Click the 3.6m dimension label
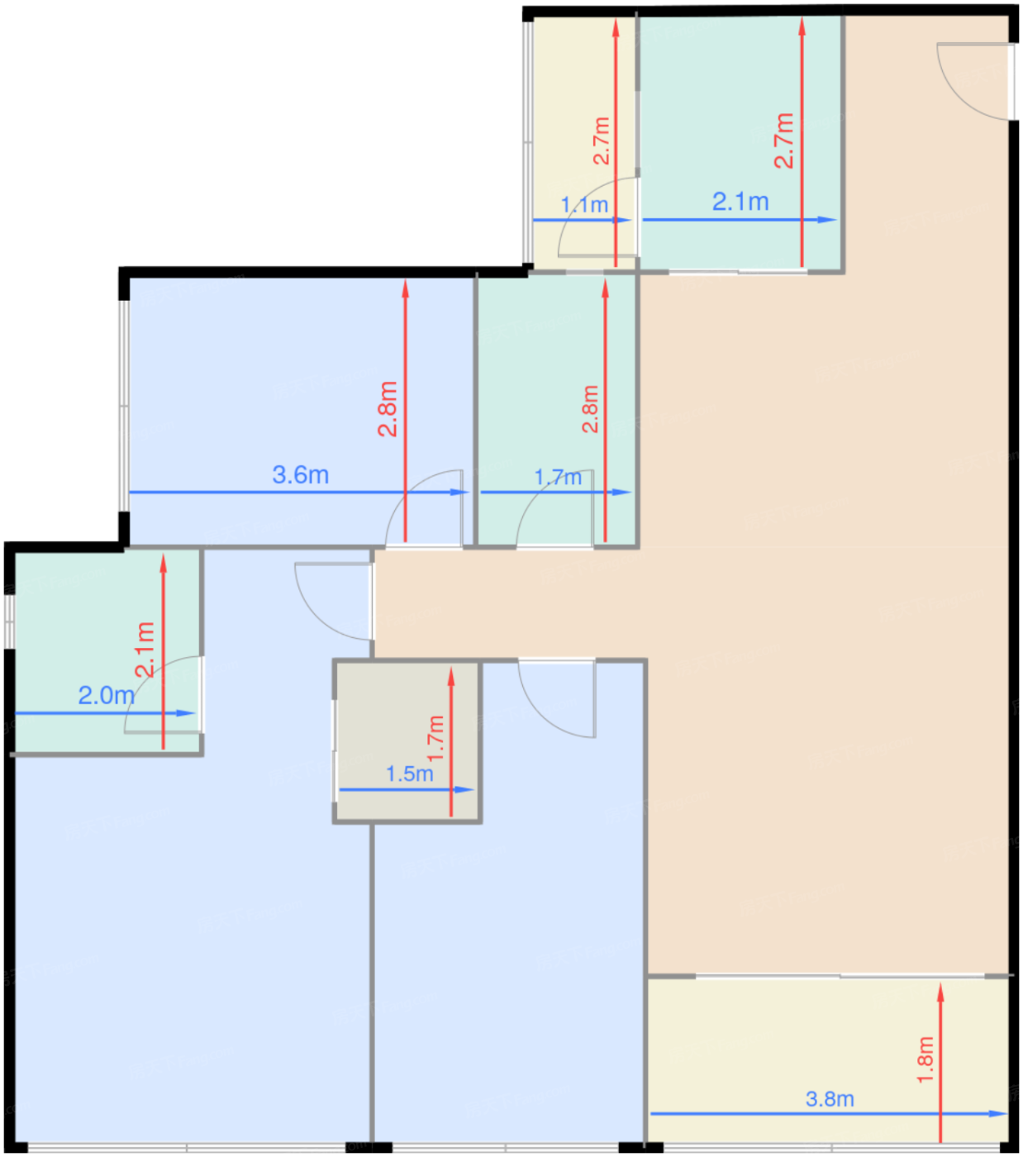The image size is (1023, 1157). coord(301,475)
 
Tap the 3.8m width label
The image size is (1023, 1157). coord(830,1099)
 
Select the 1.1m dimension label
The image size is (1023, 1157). coord(583,205)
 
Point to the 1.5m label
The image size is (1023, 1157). coord(410,774)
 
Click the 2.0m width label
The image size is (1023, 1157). coord(107,695)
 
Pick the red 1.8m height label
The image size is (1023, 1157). coord(925,1059)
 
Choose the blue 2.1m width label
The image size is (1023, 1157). coord(740,202)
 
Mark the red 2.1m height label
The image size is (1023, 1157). coord(145,650)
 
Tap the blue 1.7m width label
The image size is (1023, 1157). coord(558,478)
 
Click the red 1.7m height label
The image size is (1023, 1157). coord(435,738)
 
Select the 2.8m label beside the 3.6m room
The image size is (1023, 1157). coord(388,409)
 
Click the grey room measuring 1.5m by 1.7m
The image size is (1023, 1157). coord(407,741)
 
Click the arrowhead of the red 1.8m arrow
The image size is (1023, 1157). coord(940,993)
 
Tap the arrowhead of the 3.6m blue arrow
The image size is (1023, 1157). coord(459,493)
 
